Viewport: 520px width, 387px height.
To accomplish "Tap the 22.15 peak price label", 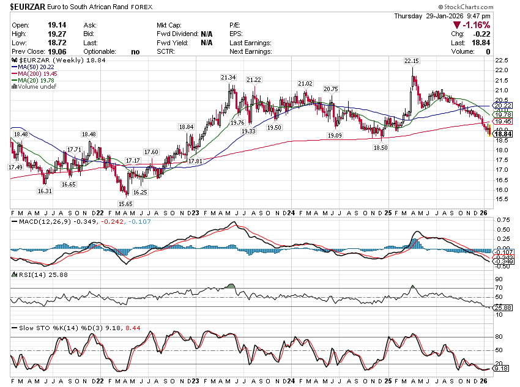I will (411, 61).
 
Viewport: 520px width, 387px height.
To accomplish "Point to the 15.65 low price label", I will (125, 204).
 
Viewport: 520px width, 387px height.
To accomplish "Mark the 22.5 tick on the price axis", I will (503, 61).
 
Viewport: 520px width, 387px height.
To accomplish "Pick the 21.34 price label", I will (228, 78).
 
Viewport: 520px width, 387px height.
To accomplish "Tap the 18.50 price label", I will (381, 147).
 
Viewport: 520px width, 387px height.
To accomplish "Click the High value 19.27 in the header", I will (56, 34).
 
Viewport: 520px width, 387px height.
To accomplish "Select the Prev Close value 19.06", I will (56, 52).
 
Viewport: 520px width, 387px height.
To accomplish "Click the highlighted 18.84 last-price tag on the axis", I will (503, 133).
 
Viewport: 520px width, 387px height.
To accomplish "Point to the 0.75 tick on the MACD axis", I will (503, 219).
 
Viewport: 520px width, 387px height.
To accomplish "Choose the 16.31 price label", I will (44, 191).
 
